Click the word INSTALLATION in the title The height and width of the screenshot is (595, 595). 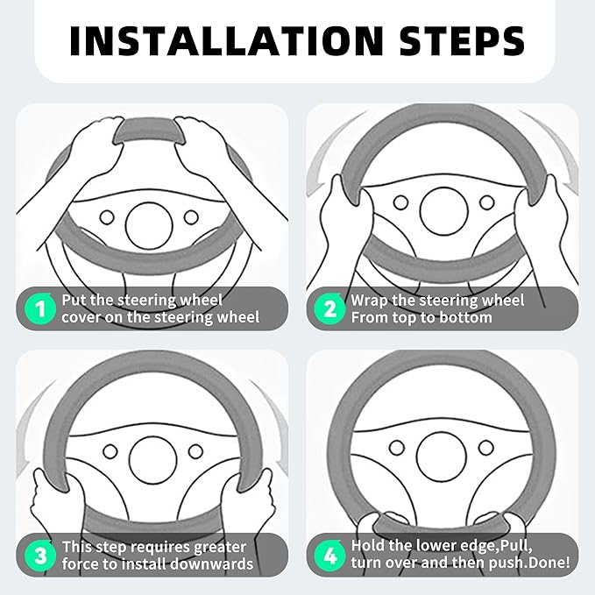227,41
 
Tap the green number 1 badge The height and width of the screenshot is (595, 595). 39,308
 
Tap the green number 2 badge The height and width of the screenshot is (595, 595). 329,308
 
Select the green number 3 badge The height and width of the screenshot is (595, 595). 39,556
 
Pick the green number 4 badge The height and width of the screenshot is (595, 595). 329,556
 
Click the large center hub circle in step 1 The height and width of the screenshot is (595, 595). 149,226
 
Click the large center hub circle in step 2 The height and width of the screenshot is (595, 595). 444,211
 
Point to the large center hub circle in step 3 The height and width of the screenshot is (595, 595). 153,460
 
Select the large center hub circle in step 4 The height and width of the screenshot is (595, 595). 441,457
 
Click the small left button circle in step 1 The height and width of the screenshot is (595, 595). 107,217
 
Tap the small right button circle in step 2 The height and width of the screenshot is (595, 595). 487,202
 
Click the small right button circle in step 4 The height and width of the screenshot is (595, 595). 485,448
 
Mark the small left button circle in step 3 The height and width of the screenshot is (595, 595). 110,451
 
